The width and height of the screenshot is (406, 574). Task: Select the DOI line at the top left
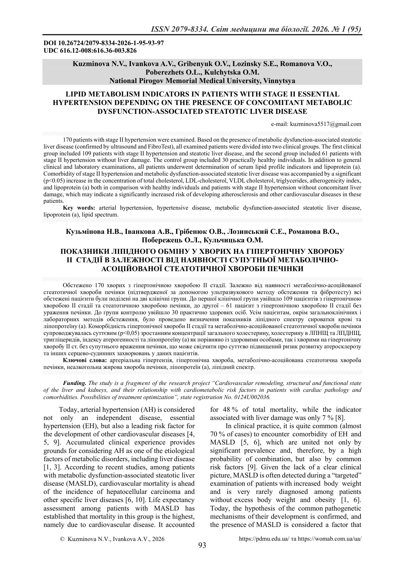(x=104, y=43)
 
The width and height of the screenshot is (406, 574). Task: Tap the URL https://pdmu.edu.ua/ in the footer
(x=264, y=539)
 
